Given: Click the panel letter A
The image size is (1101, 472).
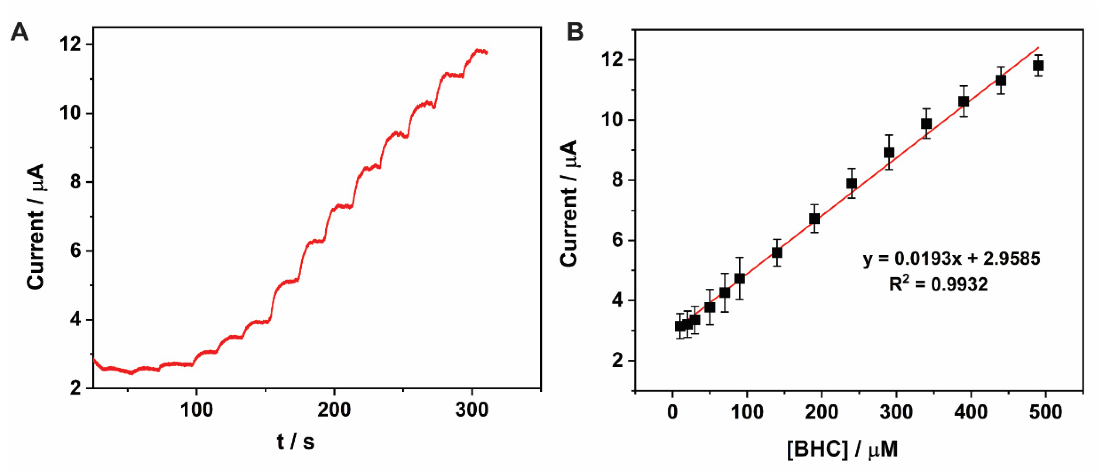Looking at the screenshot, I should (x=19, y=32).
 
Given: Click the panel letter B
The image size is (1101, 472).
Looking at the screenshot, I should (x=575, y=32).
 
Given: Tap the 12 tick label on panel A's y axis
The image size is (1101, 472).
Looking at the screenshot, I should (x=71, y=45).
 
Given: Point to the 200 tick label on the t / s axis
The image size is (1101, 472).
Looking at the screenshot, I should (x=334, y=410).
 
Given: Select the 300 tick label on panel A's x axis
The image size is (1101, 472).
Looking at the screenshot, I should (x=472, y=410).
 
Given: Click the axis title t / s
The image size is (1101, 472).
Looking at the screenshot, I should (x=295, y=442).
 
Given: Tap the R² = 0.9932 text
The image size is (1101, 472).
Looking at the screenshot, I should (x=938, y=284).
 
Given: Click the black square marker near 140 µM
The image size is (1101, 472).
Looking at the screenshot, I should (x=777, y=252).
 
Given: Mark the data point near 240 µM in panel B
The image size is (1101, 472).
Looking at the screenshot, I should (x=851, y=183).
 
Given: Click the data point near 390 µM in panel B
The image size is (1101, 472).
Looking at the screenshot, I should (x=963, y=101).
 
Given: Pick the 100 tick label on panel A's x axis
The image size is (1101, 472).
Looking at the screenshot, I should (x=196, y=410).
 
